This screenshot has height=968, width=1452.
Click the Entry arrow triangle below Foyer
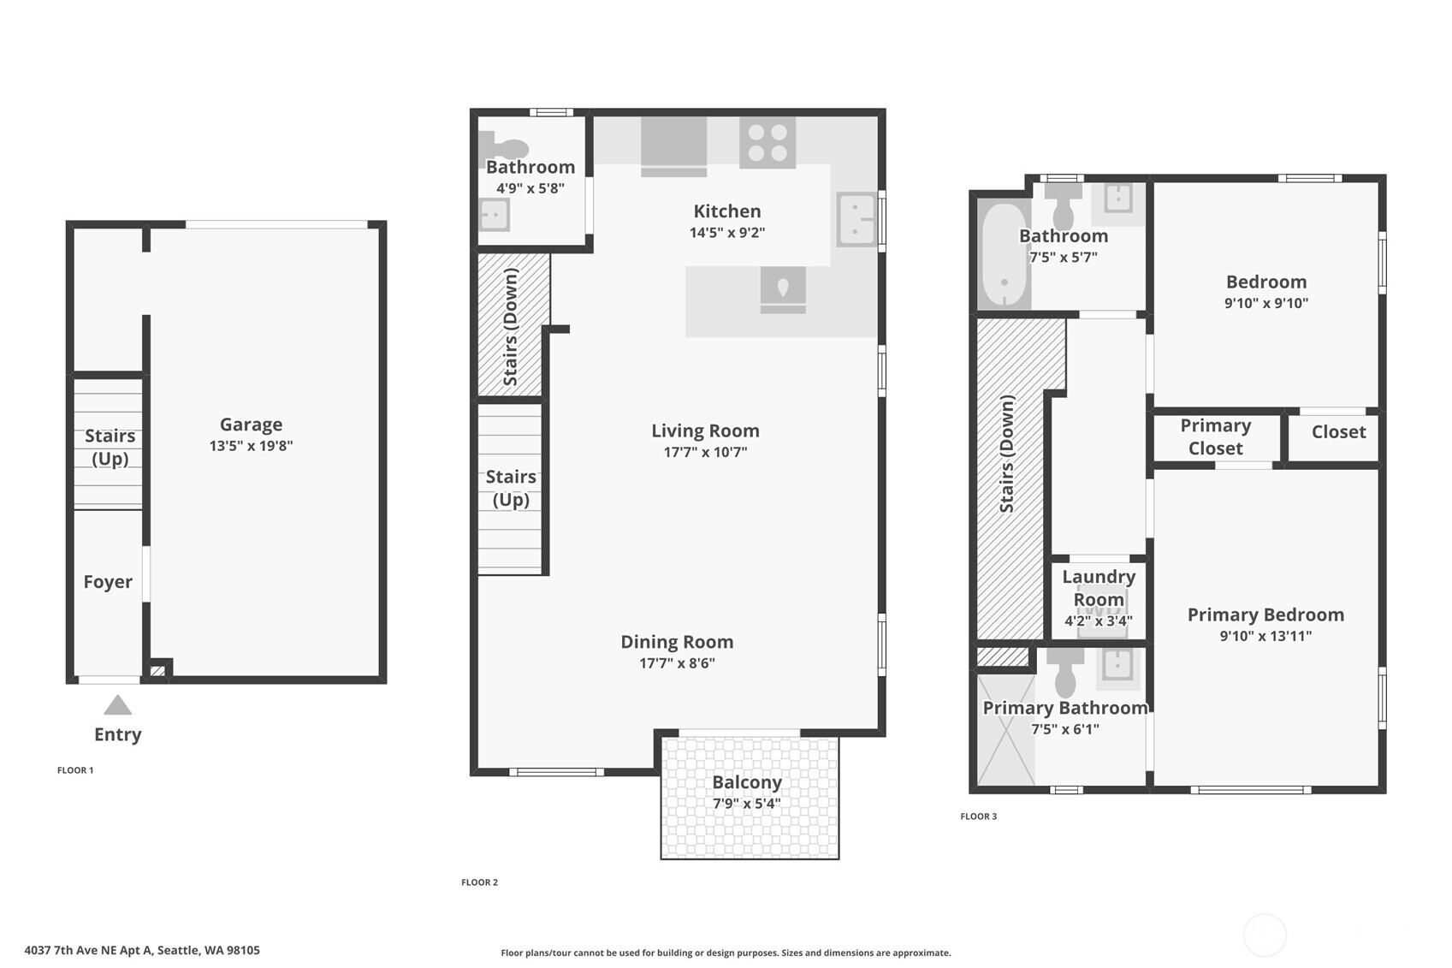pyautogui.click(x=118, y=706)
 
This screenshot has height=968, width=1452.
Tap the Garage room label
pyautogui.click(x=251, y=425)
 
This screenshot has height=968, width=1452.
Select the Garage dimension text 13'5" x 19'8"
pyautogui.click(x=251, y=446)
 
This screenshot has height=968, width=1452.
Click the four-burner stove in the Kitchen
pyautogui.click(x=767, y=142)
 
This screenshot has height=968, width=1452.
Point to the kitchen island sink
pyautogui.click(x=783, y=288)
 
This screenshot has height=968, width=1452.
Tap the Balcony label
pyautogui.click(x=747, y=782)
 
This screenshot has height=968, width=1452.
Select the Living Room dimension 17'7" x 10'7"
pyautogui.click(x=705, y=452)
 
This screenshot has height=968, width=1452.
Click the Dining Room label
pyautogui.click(x=677, y=642)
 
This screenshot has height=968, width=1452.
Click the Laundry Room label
pyautogui.click(x=1099, y=588)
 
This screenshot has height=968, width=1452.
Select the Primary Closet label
pyautogui.click(x=1215, y=436)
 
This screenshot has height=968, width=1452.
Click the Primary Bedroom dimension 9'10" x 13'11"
pyautogui.click(x=1265, y=636)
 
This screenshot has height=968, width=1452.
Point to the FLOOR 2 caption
pyautogui.click(x=479, y=882)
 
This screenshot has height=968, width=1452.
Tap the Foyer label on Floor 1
pyautogui.click(x=108, y=582)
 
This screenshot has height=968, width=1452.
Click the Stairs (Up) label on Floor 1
pyautogui.click(x=110, y=447)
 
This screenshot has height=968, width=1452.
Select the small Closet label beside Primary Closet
pyautogui.click(x=1338, y=432)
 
